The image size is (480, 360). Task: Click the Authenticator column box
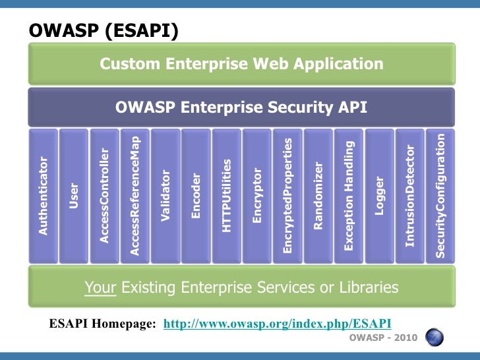pos(44,196)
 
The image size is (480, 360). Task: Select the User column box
pos(74,196)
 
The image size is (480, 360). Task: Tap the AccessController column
pos(104,196)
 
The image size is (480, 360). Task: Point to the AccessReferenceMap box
pos(135,196)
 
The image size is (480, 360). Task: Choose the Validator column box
pos(165,196)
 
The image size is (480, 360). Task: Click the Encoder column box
pos(196,196)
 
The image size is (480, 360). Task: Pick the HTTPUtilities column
pos(227,196)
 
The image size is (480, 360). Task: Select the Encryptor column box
pos(257,196)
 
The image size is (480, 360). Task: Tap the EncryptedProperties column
pos(287,196)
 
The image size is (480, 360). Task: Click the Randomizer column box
pos(318,196)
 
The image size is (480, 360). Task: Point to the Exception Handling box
pos(349,196)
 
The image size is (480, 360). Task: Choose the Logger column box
pos(379,196)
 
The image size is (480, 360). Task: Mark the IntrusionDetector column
pos(410,196)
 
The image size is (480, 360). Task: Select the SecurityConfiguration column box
pos(440,196)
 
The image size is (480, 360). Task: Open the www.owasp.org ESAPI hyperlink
pos(277,323)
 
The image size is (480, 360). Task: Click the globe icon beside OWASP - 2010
pos(433,338)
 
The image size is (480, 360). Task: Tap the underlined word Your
pos(100,287)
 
